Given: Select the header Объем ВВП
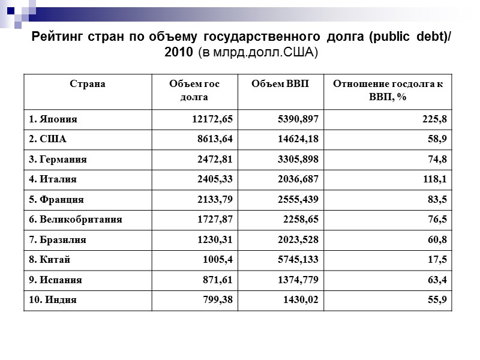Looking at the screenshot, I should [x=280, y=84].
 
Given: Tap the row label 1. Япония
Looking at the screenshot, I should [x=53, y=119].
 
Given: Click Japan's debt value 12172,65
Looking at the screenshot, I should [x=212, y=119].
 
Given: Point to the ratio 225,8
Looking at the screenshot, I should [x=434, y=119].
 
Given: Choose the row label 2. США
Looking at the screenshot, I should [x=47, y=139].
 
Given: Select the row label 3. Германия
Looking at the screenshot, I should [x=58, y=160].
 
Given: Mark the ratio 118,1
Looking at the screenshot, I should [x=434, y=179].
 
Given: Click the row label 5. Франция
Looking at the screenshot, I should [x=56, y=200].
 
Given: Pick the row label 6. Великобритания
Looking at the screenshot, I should [x=76, y=220].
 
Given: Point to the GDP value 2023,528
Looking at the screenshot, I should [x=297, y=240].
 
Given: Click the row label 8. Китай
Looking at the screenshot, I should [x=50, y=260].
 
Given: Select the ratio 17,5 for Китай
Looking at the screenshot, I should [x=437, y=260].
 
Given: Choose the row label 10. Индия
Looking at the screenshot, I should [x=53, y=300].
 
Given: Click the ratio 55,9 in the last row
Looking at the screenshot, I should [x=437, y=300].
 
